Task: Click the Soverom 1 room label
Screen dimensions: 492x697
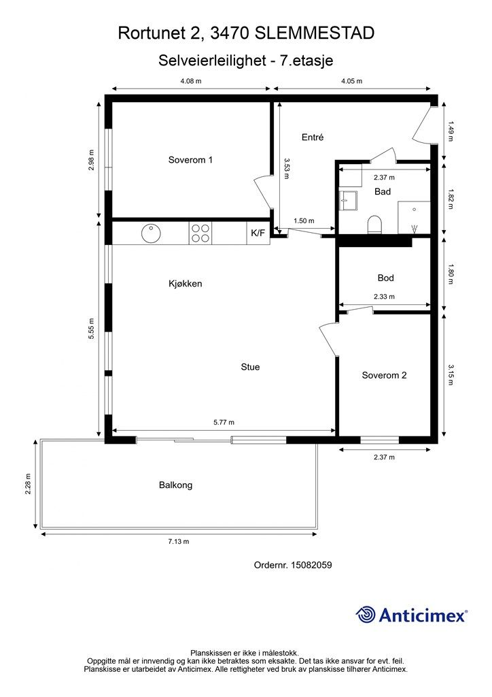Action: pos(190,159)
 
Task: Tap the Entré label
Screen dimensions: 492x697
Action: pos(313,137)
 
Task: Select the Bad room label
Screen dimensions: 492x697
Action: pos(383,191)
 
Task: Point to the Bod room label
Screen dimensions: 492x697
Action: pos(385,278)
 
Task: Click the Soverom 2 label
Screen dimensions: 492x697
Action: pos(384,375)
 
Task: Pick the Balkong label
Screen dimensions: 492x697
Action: pos(176,485)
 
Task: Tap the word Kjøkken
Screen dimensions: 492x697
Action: pos(185,284)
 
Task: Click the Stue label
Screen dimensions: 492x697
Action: pos(250,367)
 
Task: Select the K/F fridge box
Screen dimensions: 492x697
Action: pos(258,233)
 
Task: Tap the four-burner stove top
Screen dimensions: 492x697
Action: pos(200,233)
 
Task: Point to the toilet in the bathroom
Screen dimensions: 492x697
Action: pos(375,225)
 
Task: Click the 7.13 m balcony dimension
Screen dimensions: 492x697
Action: pos(178,541)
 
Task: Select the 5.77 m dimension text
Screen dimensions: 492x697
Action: pos(224,422)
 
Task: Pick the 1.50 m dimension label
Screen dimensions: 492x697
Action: pos(304,221)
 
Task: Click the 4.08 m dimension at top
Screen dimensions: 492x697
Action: pos(191,81)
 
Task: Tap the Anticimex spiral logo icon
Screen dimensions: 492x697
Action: pos(365,615)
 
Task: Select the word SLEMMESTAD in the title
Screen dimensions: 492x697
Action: pos(316,33)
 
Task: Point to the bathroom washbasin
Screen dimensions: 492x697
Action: pos(348,200)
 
